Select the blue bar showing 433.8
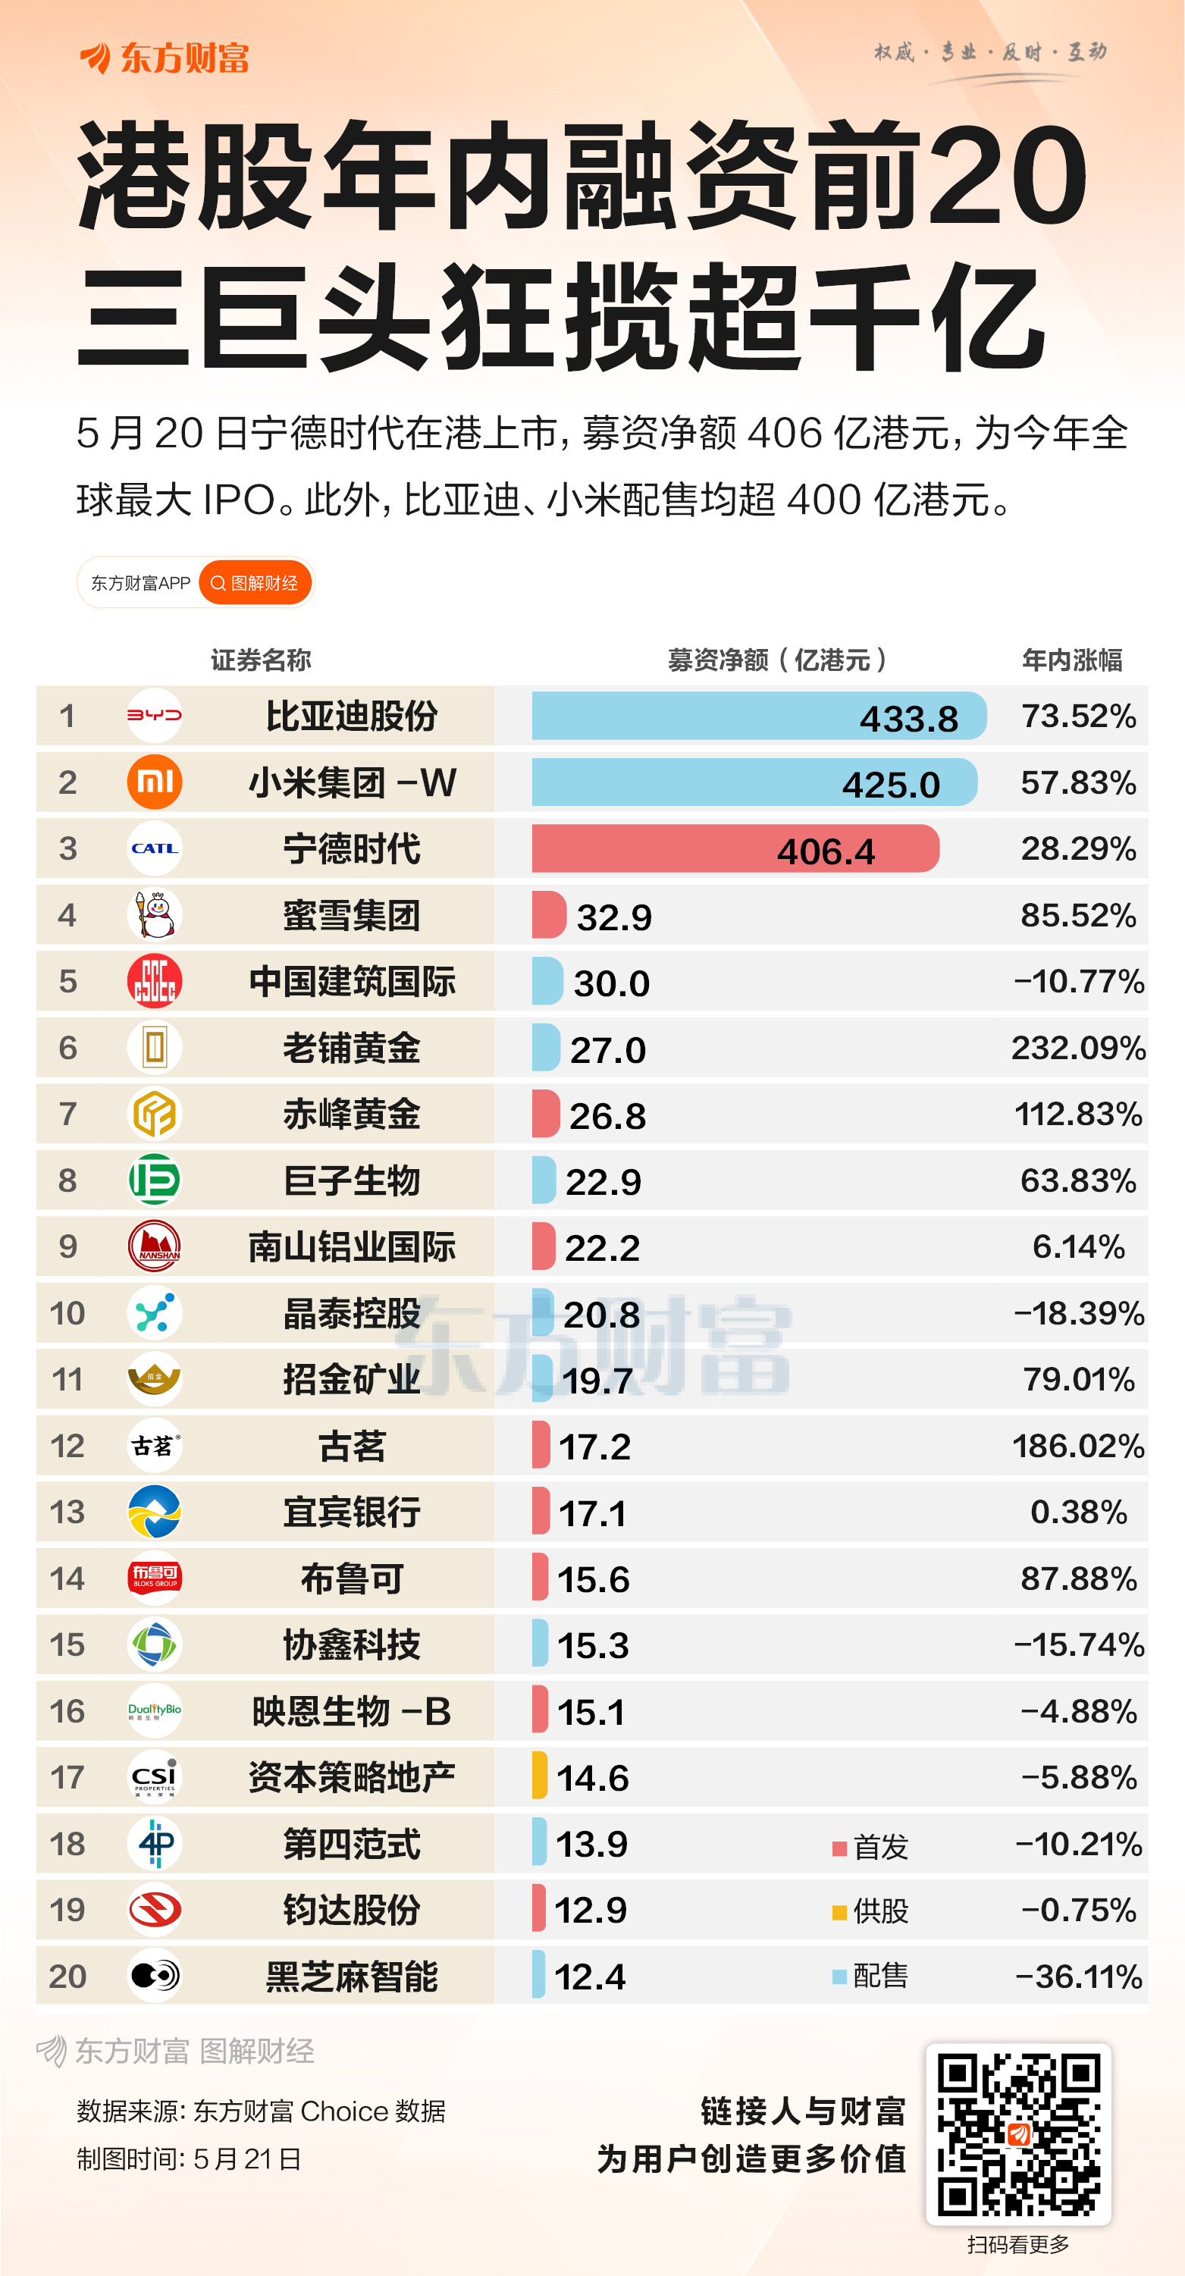(758, 716)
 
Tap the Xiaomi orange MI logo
(155, 782)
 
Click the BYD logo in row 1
(155, 716)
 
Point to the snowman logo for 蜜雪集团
(155, 914)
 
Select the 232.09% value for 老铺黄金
(1078, 1048)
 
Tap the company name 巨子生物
(352, 1180)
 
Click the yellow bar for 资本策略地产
(540, 1777)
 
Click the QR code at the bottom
(1018, 2133)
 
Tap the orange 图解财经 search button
(255, 583)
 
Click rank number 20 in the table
(67, 1977)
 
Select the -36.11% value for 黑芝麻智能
(1078, 1977)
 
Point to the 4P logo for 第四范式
(155, 1843)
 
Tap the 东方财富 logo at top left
(165, 58)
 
